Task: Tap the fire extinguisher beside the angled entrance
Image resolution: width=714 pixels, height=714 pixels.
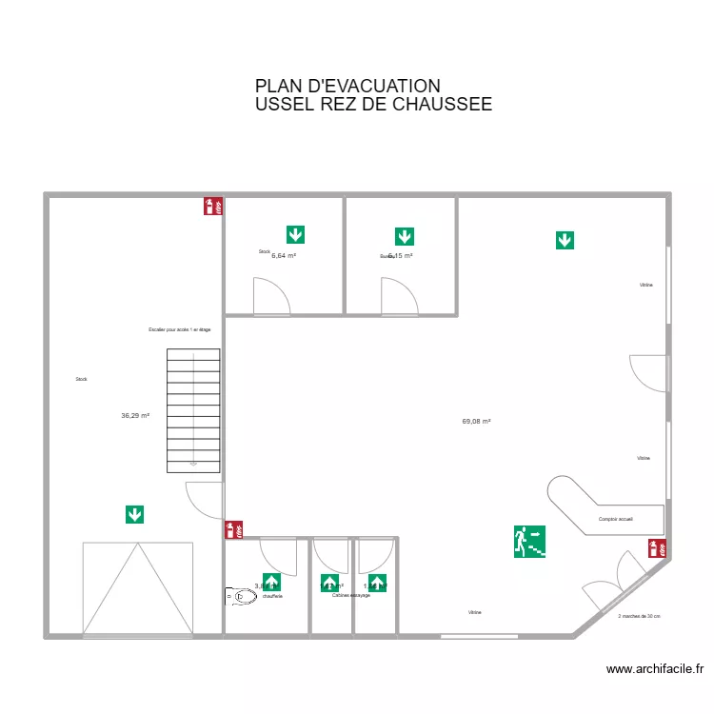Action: tap(656, 548)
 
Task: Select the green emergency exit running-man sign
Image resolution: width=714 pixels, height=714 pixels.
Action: tap(530, 542)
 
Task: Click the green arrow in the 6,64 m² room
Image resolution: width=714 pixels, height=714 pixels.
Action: tap(295, 234)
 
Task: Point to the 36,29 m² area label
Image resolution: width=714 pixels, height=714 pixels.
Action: tap(135, 415)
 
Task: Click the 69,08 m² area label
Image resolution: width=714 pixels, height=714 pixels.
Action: tap(476, 421)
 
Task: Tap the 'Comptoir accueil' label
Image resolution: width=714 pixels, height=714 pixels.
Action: tap(616, 519)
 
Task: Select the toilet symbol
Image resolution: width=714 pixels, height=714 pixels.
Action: tap(241, 597)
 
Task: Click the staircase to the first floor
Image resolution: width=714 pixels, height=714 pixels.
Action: tap(193, 410)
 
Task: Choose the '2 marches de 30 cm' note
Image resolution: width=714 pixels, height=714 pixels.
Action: tap(639, 616)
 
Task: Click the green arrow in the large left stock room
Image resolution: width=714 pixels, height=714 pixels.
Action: tap(135, 514)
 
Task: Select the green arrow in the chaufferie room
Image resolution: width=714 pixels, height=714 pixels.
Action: tap(271, 583)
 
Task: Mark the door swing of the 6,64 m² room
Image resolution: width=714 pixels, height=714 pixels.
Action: tap(270, 295)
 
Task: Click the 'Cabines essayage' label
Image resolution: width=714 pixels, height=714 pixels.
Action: tap(351, 595)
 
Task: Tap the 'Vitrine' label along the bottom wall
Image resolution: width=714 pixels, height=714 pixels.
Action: tap(474, 612)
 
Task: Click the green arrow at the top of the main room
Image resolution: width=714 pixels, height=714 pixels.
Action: tap(565, 240)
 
